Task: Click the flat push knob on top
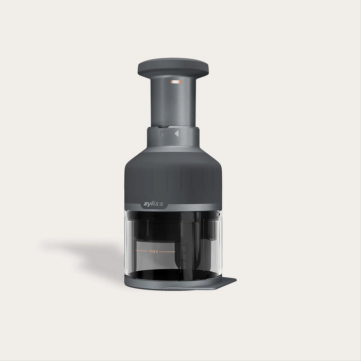click(x=174, y=65)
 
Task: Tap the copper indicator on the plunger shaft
click(x=176, y=81)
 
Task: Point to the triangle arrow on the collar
click(x=177, y=134)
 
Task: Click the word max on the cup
click(x=153, y=251)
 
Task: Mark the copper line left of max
click(x=141, y=251)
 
